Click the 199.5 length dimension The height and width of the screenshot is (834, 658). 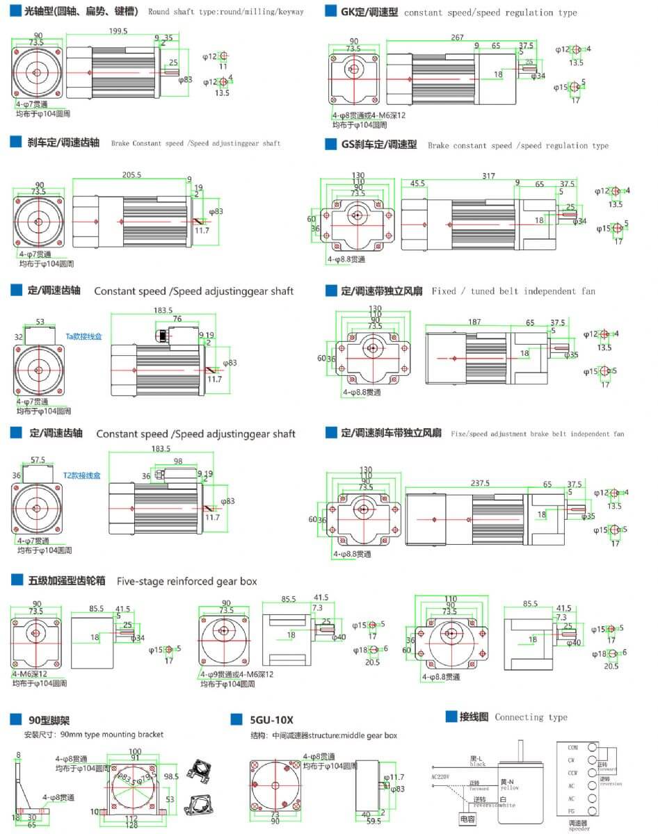click(x=118, y=31)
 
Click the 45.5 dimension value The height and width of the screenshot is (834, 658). click(x=418, y=183)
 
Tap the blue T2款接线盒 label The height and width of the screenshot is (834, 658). click(x=82, y=476)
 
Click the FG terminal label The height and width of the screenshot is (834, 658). click(x=572, y=811)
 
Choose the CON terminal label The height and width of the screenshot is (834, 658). click(x=573, y=748)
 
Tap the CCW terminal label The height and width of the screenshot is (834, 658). click(x=573, y=773)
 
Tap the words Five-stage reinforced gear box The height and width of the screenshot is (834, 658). click(x=187, y=581)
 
